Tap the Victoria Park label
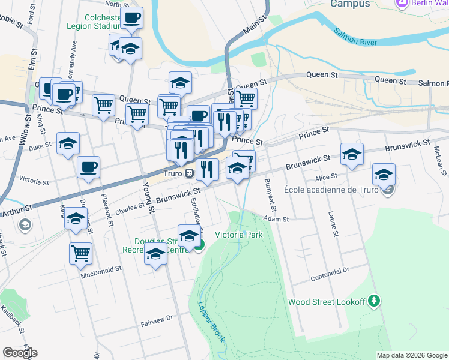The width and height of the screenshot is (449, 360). [x=239, y=235]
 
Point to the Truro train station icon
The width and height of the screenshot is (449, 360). [x=189, y=173]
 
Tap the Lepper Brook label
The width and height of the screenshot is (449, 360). [x=211, y=322]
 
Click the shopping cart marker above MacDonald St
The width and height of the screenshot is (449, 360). [x=80, y=253]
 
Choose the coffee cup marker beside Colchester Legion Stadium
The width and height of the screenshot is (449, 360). [x=131, y=17]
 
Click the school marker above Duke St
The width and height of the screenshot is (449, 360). [x=68, y=143]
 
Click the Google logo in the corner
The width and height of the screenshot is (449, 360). [x=19, y=353]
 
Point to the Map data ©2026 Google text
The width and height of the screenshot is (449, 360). [x=412, y=355]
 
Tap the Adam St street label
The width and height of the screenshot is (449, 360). [x=277, y=220]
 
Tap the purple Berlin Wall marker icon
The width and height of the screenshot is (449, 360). [x=402, y=4]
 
